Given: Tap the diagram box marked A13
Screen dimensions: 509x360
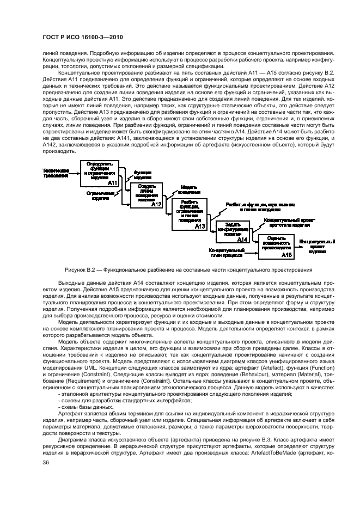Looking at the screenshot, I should [189, 217].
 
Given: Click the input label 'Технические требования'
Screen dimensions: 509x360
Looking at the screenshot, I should [57, 173].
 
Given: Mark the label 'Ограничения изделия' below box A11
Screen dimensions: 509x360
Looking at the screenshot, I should [99, 196].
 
